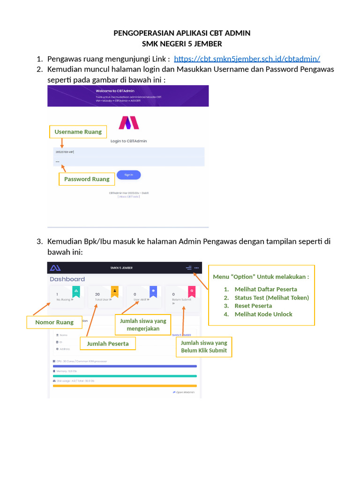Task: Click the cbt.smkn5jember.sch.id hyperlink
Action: click(x=247, y=59)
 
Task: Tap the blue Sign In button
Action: click(x=128, y=175)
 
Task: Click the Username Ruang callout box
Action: click(x=78, y=132)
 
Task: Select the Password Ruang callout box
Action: click(x=87, y=179)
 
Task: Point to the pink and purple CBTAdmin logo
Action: click(x=128, y=122)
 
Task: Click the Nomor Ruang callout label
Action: click(x=54, y=322)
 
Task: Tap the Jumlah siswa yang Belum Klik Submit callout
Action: click(x=204, y=347)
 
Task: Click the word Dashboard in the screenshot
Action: click(x=67, y=279)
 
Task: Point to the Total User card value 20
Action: click(x=97, y=294)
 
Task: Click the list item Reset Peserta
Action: click(x=253, y=306)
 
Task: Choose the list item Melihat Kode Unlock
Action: click(x=263, y=315)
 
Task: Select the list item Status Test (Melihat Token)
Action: click(x=271, y=298)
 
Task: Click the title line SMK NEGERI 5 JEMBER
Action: click(x=182, y=44)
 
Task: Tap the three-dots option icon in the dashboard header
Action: click(x=197, y=268)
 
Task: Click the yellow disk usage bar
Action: click(x=125, y=386)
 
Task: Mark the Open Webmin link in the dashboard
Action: click(x=184, y=392)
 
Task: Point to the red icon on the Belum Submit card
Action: click(x=191, y=291)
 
